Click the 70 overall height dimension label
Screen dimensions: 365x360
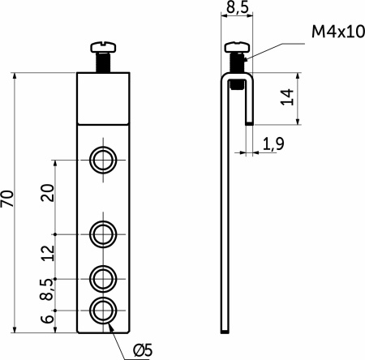(7, 199)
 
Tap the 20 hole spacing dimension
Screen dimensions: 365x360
(48, 192)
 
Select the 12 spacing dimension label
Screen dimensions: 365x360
(48, 253)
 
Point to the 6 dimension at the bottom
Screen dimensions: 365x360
(47, 319)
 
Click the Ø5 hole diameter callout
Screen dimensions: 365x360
(143, 350)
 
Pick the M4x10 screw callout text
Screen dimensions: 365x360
(338, 32)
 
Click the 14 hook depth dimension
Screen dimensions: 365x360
(287, 96)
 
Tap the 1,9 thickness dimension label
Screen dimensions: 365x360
(273, 144)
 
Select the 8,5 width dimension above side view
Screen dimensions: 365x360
(237, 7)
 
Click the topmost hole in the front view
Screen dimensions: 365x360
(103, 160)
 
